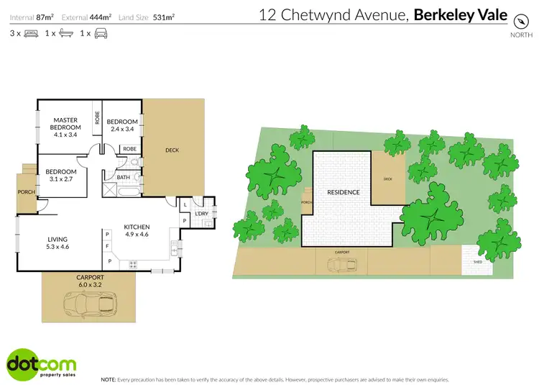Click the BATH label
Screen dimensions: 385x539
(123, 177)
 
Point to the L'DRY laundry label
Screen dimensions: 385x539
(201, 214)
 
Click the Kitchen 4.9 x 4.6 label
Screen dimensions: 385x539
(137, 230)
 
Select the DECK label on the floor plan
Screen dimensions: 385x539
(172, 150)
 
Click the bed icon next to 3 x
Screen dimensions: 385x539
(29, 34)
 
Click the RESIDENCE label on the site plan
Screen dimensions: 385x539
(344, 192)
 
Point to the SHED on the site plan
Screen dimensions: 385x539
(477, 262)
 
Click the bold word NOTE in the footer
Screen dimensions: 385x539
(109, 379)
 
